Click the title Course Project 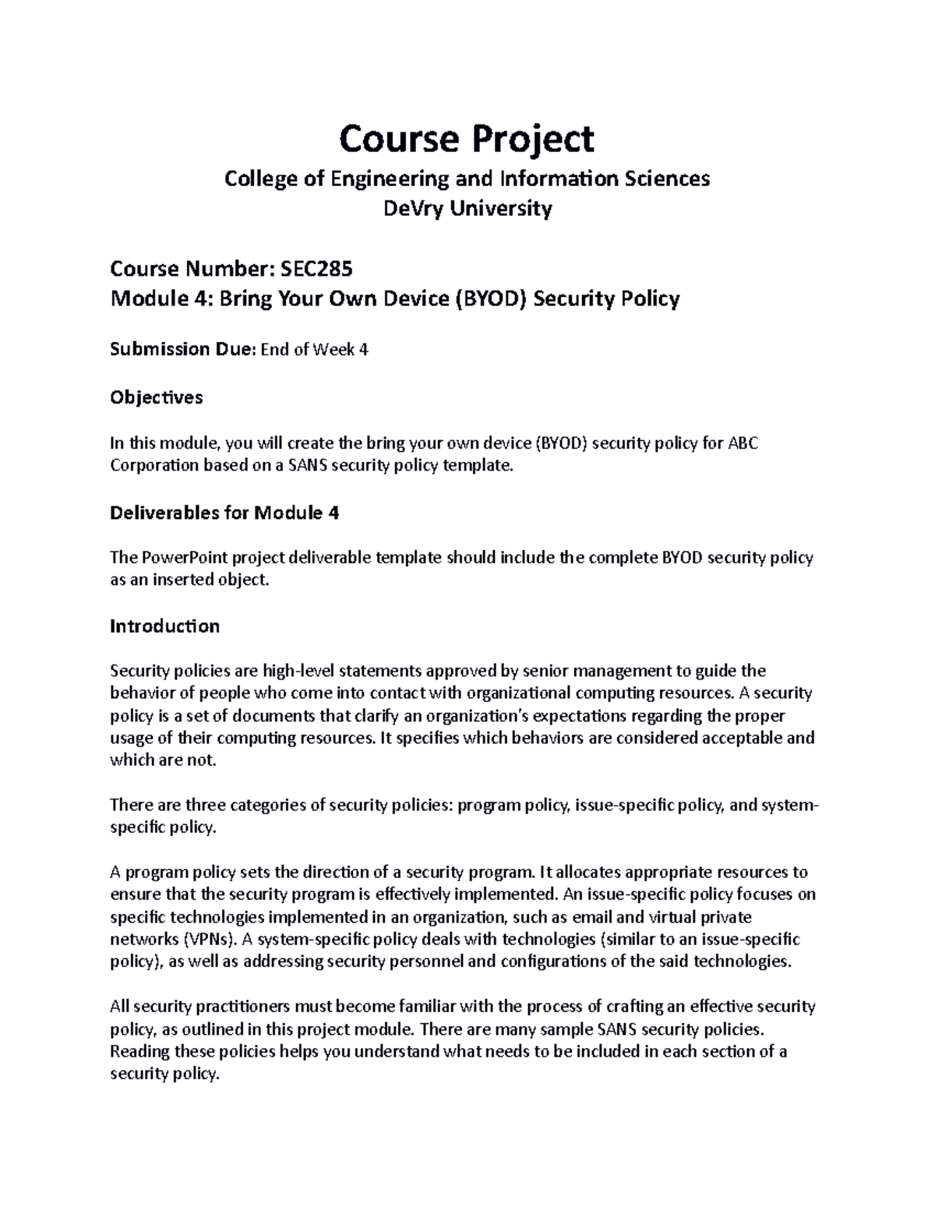(x=467, y=139)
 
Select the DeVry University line (x=467, y=208)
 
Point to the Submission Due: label (x=182, y=350)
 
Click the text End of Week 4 (x=314, y=350)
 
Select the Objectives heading (x=156, y=397)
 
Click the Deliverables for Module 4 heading (x=224, y=513)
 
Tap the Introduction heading (x=164, y=626)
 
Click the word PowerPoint (x=180, y=558)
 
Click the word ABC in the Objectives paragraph (x=743, y=444)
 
